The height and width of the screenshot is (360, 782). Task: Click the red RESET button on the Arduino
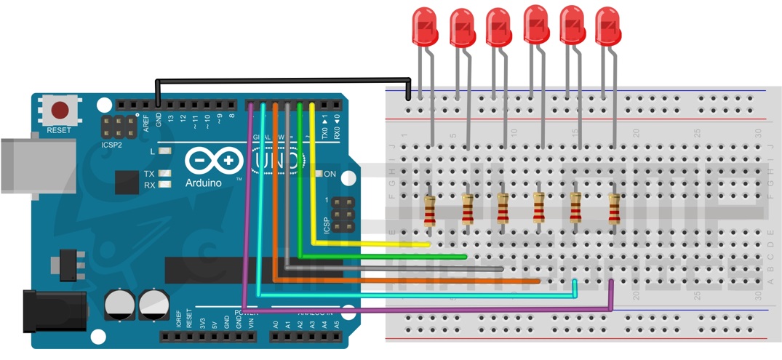click(x=60, y=111)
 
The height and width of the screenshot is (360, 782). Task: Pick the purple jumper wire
click(x=436, y=310)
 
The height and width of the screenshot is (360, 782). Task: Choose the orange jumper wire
click(x=407, y=280)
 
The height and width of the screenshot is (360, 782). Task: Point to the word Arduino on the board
click(x=203, y=183)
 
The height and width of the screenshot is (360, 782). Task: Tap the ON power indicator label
click(x=330, y=175)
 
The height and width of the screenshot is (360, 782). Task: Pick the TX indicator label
click(x=148, y=175)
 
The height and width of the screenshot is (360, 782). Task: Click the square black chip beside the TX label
click(x=126, y=182)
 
